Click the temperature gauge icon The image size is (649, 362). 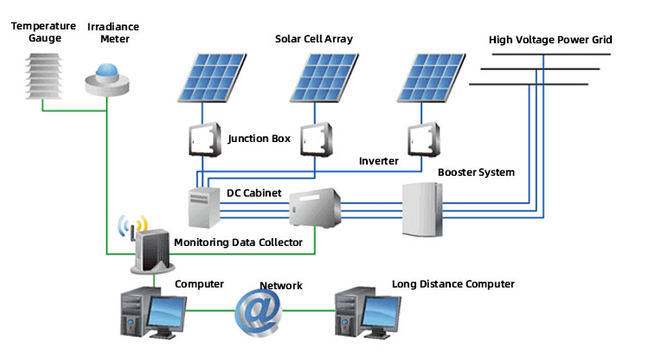click(x=39, y=75)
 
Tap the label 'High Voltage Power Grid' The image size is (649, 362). click(x=549, y=40)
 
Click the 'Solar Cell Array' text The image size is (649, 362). click(x=313, y=39)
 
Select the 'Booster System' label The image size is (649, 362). click(x=476, y=172)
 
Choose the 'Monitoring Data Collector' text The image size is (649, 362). click(x=238, y=242)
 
